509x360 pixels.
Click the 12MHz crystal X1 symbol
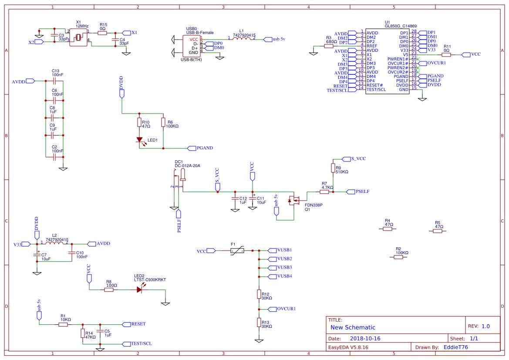(78, 37)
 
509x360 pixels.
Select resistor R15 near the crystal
(103, 33)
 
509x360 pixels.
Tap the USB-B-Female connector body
(192, 46)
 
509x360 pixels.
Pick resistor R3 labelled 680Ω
(329, 46)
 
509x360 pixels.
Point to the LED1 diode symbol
(140, 140)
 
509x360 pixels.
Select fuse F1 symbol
(237, 251)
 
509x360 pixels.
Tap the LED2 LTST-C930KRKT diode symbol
(140, 289)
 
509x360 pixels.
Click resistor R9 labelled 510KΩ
(333, 168)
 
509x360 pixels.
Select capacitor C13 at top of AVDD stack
(54, 81)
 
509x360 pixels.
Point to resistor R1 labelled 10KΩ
(63, 324)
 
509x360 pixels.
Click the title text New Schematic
(353, 327)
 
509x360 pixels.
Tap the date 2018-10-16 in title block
(365, 338)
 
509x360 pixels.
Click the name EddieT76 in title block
(455, 347)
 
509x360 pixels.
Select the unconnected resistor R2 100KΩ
(398, 257)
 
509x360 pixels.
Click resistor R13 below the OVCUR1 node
(259, 323)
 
